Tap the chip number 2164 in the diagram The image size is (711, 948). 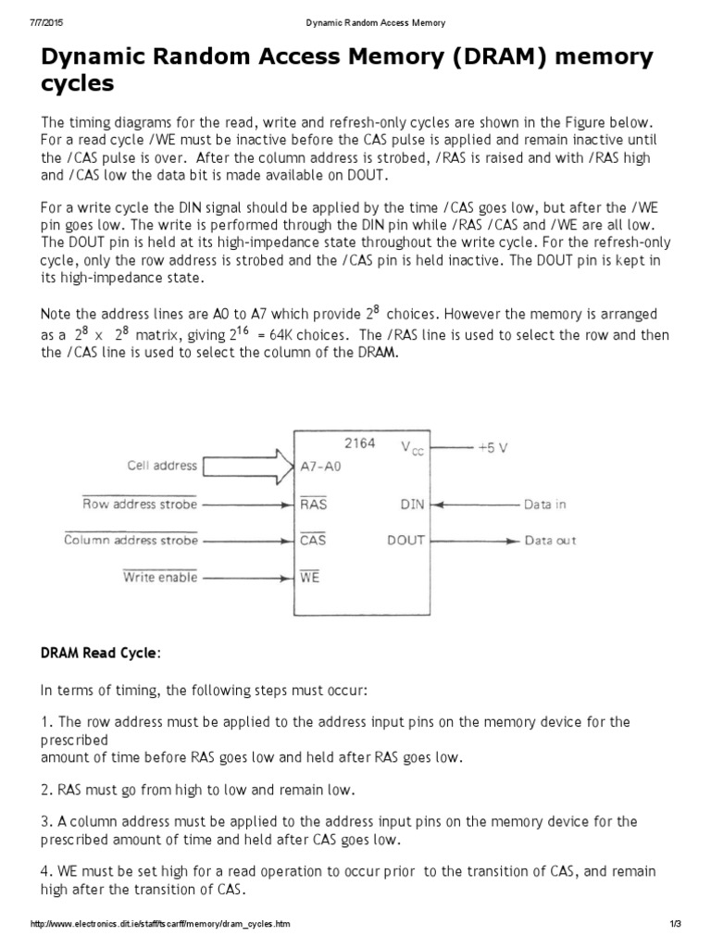tap(360, 443)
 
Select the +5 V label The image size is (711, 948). tap(493, 446)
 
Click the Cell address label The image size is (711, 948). tap(162, 466)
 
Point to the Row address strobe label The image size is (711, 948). tap(139, 505)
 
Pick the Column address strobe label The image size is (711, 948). tap(131, 540)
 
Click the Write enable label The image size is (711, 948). tap(160, 577)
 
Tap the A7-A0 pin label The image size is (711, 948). tap(321, 467)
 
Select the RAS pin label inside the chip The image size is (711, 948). tap(314, 505)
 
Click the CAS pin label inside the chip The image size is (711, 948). tap(314, 540)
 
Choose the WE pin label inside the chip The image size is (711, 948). tap(310, 577)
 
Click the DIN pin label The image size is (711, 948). tap(412, 505)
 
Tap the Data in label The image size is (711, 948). tap(544, 505)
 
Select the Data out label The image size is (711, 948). tap(550, 540)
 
